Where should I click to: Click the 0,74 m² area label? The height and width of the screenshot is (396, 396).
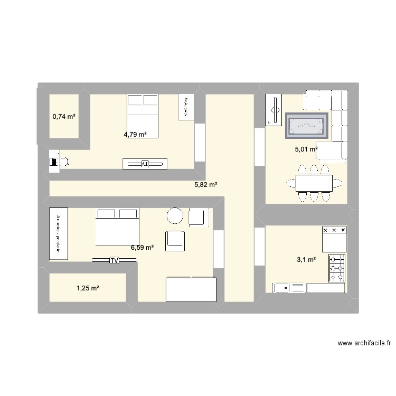(64, 116)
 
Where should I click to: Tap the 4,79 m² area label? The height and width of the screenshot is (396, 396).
(135, 134)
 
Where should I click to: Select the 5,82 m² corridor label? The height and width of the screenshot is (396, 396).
(206, 185)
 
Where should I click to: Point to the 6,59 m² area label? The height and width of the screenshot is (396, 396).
(143, 247)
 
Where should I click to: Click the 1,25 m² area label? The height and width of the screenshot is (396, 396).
(88, 288)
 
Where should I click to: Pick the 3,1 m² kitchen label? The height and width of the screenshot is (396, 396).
(306, 259)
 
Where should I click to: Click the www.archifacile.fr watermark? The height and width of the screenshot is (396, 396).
(364, 343)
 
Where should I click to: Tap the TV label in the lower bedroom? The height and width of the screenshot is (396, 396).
(114, 260)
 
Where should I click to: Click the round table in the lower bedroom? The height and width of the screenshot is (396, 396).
(175, 215)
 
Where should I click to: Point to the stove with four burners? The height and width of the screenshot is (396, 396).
(337, 268)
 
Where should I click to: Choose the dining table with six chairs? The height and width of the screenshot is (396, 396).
(314, 183)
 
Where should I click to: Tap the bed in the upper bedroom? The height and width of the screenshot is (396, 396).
(143, 116)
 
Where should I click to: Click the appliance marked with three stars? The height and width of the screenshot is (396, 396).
(334, 239)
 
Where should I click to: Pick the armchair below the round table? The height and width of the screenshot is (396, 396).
(175, 240)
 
